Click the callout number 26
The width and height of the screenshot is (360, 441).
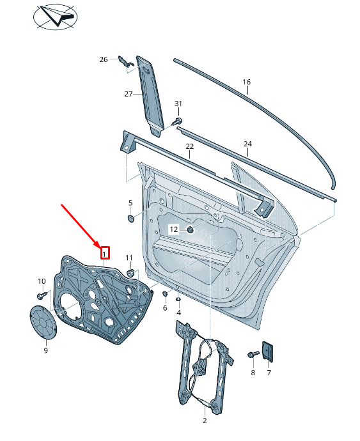pos(104,59)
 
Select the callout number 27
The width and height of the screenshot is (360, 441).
pos(129,94)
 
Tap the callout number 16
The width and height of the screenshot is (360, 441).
pos(247,82)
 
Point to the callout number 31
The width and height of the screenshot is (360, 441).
pos(178,104)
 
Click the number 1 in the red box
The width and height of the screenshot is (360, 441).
pos(105,254)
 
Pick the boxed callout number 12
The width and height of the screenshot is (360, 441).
pos(174,229)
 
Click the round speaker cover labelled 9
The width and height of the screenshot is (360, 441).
pos(43,321)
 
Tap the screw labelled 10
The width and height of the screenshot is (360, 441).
pos(42,295)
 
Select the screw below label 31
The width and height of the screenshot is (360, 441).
pos(176,122)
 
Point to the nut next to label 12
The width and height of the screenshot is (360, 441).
pos(191,229)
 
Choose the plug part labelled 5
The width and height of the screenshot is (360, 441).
pos(130,218)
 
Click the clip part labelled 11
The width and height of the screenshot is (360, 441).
pos(130,272)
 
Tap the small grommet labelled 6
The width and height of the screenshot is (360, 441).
pos(165,294)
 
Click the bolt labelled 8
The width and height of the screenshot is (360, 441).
pos(253,354)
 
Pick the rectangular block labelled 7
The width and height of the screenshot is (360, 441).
pos(267,351)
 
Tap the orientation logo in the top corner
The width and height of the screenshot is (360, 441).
pos(55,17)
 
